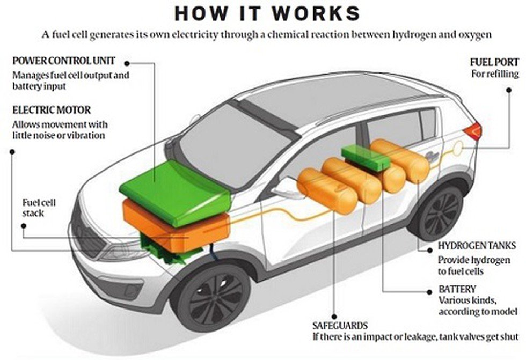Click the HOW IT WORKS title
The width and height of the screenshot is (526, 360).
(x=267, y=13)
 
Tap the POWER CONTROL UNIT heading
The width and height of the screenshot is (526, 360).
(x=64, y=61)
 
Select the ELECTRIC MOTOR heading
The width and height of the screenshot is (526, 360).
(x=52, y=110)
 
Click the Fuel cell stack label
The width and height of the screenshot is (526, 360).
(x=39, y=208)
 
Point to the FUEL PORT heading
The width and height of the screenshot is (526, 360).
(x=494, y=62)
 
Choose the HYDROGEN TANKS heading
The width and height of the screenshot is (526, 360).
(x=477, y=246)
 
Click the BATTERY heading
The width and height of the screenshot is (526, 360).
(x=457, y=289)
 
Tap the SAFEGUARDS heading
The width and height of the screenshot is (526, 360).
(x=340, y=326)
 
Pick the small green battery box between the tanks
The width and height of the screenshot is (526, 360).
(x=366, y=158)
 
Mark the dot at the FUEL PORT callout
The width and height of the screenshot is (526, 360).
(x=509, y=90)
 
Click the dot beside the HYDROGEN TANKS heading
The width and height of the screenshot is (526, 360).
(x=429, y=250)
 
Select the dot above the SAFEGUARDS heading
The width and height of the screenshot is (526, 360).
(x=334, y=316)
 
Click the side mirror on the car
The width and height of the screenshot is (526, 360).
(x=283, y=188)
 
